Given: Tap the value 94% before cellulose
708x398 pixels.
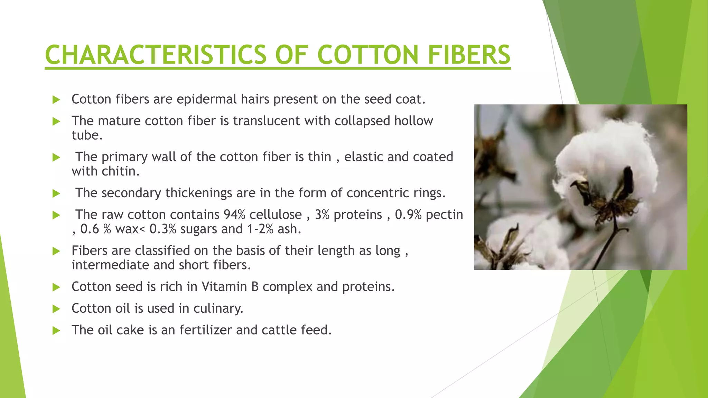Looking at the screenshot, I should (x=234, y=215).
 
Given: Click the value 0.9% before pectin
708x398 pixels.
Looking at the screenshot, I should (x=408, y=215).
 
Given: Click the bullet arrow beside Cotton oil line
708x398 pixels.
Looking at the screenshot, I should (x=56, y=309).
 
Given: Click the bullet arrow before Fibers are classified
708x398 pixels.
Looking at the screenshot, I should (x=56, y=251).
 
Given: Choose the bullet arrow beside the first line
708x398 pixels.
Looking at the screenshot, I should (x=56, y=100).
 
